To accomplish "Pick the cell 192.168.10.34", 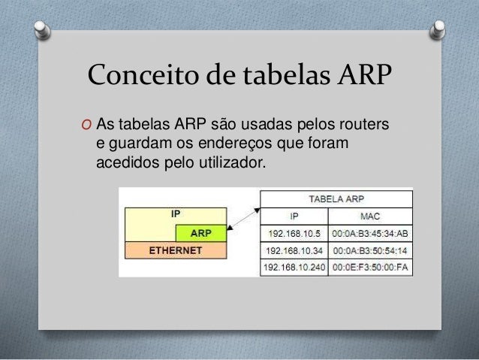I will (294, 250).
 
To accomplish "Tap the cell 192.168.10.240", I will (294, 267).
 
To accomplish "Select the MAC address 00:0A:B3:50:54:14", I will (370, 250).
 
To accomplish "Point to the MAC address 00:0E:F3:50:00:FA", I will (370, 267).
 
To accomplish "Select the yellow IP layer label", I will (175, 214).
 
